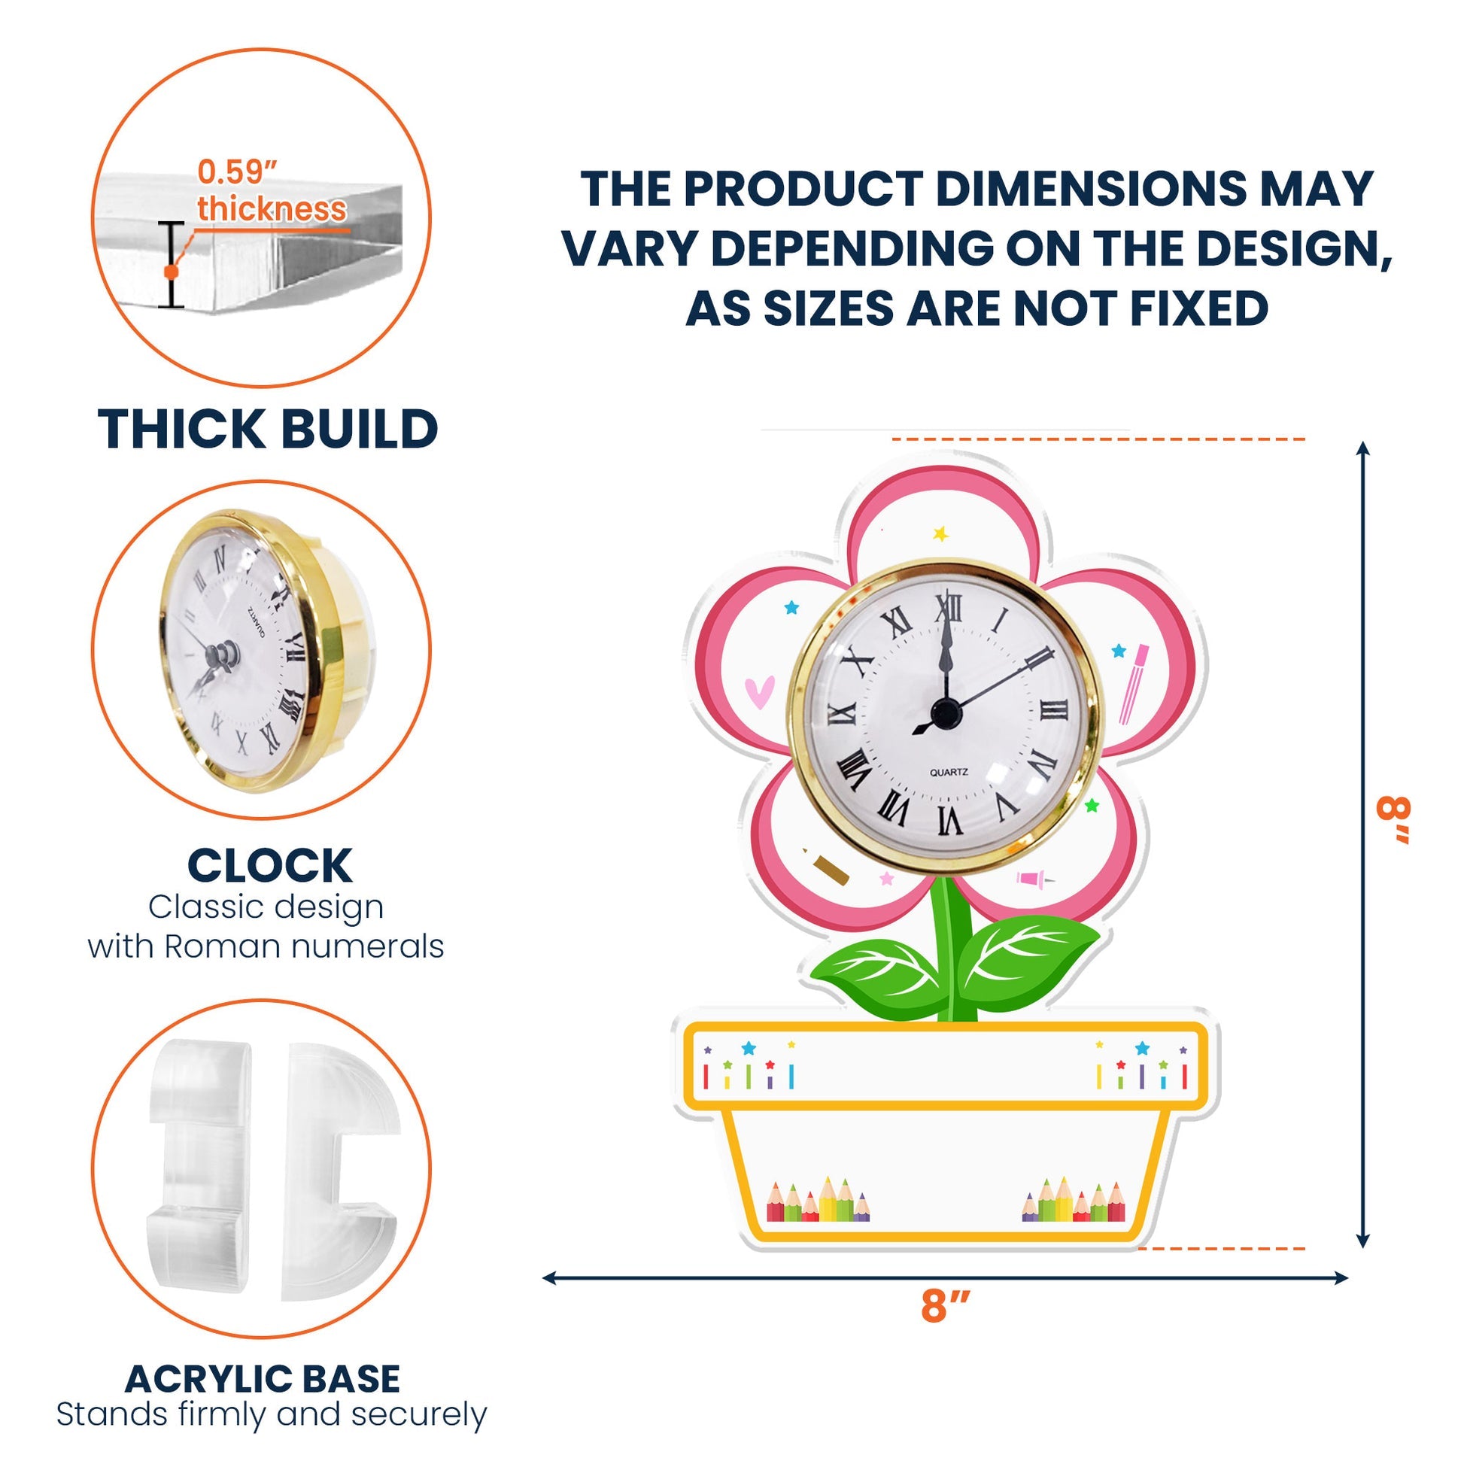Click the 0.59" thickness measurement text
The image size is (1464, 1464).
pyautogui.click(x=272, y=190)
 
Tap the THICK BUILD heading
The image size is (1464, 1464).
pyautogui.click(x=269, y=429)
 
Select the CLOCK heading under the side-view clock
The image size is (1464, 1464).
pyautogui.click(x=270, y=865)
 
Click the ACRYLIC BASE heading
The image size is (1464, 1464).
pyautogui.click(x=263, y=1379)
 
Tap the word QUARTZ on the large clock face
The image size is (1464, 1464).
pyautogui.click(x=949, y=772)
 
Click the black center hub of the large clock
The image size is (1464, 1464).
pyautogui.click(x=945, y=712)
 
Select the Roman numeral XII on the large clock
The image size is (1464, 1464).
pyautogui.click(x=948, y=607)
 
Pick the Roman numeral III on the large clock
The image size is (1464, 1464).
pyautogui.click(x=1054, y=710)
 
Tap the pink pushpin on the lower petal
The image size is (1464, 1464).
pyautogui.click(x=1035, y=879)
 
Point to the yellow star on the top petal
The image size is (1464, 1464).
pyautogui.click(x=941, y=533)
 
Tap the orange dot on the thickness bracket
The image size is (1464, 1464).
pyautogui.click(x=172, y=271)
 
